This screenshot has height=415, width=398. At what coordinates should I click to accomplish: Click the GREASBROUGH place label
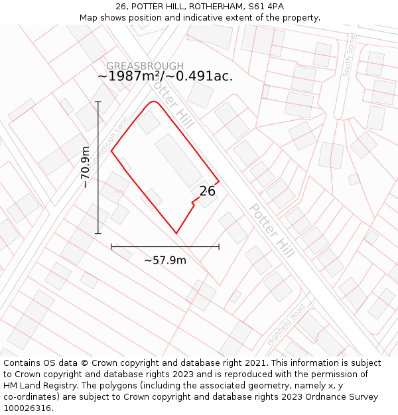coord(145,66)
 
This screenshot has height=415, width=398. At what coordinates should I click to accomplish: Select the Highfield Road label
coord(286,324)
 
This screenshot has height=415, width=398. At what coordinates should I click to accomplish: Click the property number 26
coord(207,191)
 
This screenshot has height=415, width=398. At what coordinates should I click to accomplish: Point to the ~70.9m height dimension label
coord(86,167)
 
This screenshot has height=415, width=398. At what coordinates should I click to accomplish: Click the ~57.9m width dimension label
coord(165,260)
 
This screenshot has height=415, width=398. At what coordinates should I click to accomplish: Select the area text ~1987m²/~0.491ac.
coord(165,76)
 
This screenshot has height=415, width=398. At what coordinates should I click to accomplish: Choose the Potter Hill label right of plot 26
coord(271,230)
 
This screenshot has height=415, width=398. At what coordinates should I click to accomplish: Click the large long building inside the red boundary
coord(179,160)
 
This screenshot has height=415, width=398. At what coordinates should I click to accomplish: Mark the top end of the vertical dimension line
coord(98,102)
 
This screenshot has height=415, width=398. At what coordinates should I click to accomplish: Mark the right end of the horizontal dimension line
coord(219,247)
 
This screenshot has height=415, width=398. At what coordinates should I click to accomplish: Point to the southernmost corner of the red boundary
coord(176,233)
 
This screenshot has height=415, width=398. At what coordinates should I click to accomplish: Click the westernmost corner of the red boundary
coord(111,151)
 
